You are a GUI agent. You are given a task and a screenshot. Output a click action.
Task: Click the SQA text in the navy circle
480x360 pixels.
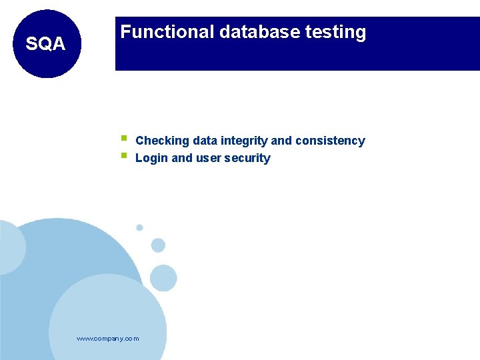(45, 45)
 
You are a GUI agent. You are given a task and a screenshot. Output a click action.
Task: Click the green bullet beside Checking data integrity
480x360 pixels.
(124, 139)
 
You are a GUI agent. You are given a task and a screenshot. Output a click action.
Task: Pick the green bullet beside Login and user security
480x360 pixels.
(124, 156)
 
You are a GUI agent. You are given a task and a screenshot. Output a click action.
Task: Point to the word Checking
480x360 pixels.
(162, 141)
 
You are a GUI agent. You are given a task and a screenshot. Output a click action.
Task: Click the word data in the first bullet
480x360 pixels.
(204, 141)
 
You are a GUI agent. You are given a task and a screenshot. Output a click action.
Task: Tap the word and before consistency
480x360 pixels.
(281, 141)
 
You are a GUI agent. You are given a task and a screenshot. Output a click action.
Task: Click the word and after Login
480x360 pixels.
(182, 158)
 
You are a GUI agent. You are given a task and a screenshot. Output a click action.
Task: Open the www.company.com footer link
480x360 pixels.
(108, 339)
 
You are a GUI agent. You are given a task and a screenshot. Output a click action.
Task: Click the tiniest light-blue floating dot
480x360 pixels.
(139, 227)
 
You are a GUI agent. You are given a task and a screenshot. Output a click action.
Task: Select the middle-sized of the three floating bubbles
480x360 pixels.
(158, 245)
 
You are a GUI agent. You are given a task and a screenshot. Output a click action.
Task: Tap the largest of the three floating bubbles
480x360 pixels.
(163, 277)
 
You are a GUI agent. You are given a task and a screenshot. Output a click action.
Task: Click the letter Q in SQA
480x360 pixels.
(45, 45)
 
